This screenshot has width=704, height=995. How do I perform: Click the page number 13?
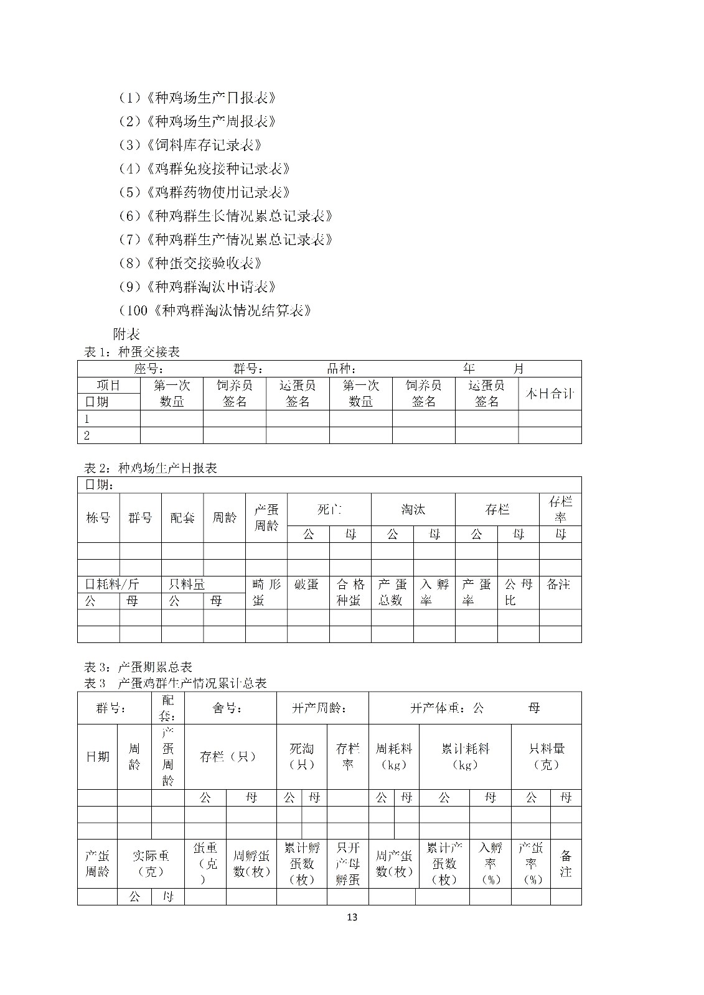coord(352,917)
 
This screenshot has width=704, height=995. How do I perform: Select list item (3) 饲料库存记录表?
coord(190,145)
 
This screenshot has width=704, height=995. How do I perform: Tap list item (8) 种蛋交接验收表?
coord(190,263)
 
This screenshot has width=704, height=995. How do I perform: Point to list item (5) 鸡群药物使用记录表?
coord(204,192)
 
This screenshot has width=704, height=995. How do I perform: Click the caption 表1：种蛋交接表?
coord(132,352)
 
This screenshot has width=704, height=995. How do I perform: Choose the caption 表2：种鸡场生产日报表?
coord(150,468)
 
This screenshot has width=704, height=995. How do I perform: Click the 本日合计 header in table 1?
coord(550,394)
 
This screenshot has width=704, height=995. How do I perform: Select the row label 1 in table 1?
coord(87,419)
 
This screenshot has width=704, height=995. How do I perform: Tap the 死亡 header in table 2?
coord(329,510)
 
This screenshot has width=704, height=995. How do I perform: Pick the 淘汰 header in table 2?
coord(413,510)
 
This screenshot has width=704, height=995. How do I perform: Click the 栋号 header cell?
coord(98,517)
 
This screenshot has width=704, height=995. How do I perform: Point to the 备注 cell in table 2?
coord(558,585)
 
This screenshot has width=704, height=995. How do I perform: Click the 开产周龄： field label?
coord(320,708)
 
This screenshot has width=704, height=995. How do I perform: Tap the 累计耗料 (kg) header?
coord(465,756)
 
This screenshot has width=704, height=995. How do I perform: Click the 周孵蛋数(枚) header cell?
coord(251,863)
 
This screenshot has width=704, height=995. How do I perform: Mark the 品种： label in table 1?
coord(342,369)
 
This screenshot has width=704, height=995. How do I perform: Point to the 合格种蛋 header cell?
coord(350,592)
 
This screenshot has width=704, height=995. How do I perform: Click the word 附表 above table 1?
coord(126,333)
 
